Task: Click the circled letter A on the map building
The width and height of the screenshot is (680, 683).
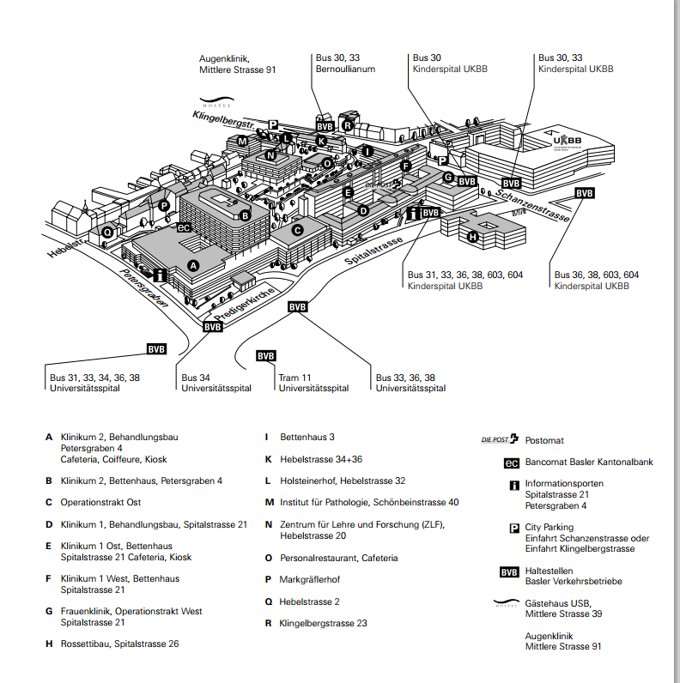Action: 193,266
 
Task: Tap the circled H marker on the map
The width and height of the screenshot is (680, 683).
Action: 471,236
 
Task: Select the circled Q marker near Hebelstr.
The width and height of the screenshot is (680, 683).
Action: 107,232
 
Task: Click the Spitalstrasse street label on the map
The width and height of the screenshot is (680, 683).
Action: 373,249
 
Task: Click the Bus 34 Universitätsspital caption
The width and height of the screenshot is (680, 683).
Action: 216,383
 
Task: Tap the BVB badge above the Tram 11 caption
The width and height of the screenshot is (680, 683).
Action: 266,356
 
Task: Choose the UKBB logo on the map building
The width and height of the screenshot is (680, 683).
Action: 568,141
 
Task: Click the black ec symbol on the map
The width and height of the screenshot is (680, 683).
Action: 183,227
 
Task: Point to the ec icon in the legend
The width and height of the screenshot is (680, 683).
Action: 512,462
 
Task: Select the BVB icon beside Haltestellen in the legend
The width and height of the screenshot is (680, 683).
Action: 512,571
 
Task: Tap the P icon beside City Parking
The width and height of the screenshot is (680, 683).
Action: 513,528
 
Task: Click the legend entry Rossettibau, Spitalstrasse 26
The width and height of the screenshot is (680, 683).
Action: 120,643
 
